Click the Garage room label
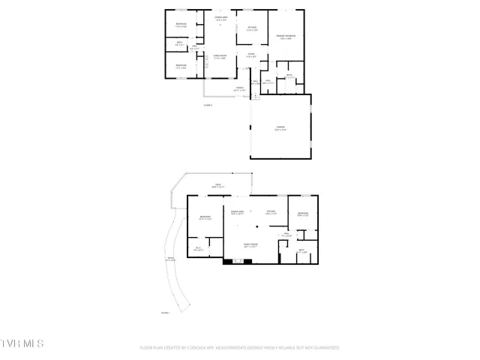pos(280,128)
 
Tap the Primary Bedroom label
pos(285,37)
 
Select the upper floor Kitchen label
pos(252,28)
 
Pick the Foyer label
pos(252,55)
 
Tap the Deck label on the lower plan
pos(217,185)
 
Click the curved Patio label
pos(170,260)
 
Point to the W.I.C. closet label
pos(199,249)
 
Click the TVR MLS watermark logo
pos(22,343)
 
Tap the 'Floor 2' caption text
pos(208,105)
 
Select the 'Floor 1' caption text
pos(165,312)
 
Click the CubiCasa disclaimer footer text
pos(239,348)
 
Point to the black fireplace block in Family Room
pos(228,262)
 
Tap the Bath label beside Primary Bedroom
pos(289,75)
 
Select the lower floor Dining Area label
pos(238,212)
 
